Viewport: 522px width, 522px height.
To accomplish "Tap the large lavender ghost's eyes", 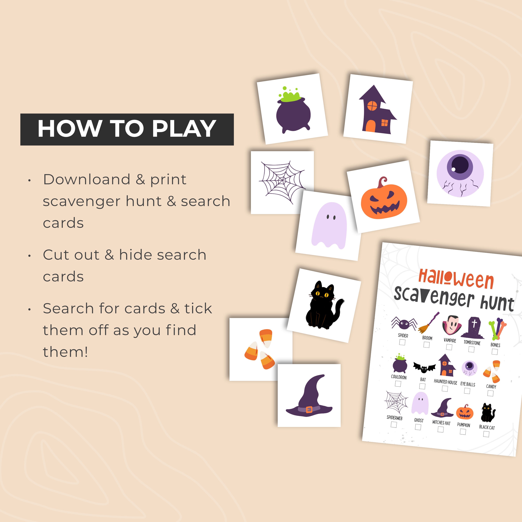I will [331, 217].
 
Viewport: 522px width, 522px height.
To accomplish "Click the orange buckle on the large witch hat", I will [309, 410].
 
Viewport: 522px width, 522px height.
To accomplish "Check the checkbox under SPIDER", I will [402, 342].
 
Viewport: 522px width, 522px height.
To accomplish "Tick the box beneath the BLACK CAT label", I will [486, 434].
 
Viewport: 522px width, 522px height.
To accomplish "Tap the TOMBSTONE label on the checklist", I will [472, 343].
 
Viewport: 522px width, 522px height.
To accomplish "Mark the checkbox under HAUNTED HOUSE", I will [445, 389].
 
